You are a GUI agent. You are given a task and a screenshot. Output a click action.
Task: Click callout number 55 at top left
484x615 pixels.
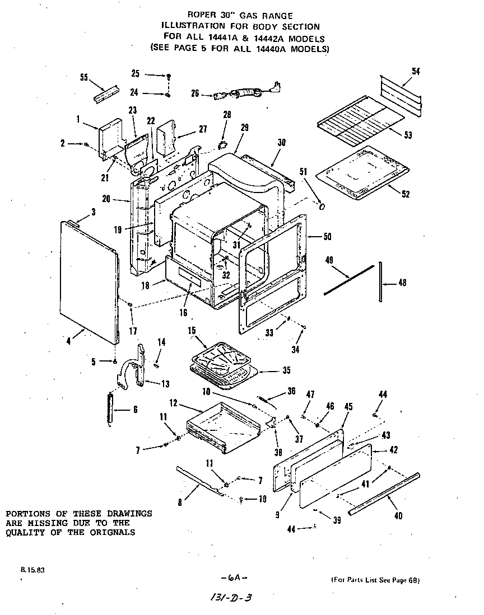click(84, 78)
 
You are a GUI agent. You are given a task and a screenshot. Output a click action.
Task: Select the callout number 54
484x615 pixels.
click(416, 71)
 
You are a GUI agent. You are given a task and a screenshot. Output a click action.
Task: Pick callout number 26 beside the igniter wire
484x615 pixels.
click(195, 93)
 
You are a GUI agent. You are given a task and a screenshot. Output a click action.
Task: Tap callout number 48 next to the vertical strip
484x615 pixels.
click(402, 283)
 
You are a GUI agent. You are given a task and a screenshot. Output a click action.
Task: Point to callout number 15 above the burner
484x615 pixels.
click(192, 331)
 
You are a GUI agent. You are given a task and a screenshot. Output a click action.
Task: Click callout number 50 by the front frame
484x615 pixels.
click(327, 237)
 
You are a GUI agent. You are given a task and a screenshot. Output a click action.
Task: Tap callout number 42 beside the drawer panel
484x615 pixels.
click(393, 449)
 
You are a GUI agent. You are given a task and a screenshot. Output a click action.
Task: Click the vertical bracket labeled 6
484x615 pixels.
click(111, 409)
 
